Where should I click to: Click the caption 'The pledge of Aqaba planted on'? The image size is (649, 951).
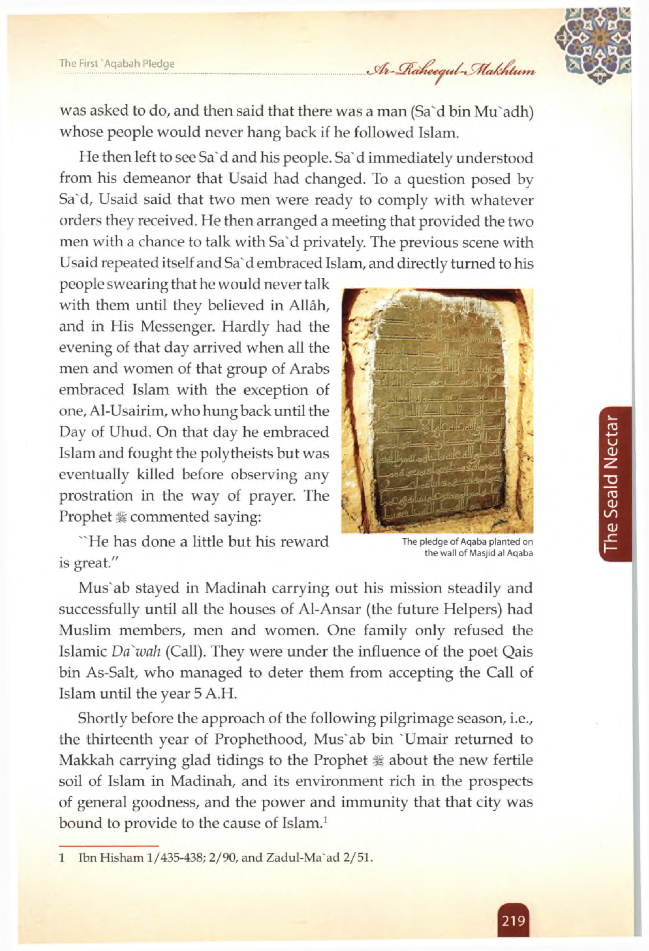[468, 542]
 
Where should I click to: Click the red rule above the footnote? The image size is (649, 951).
[108, 845]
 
